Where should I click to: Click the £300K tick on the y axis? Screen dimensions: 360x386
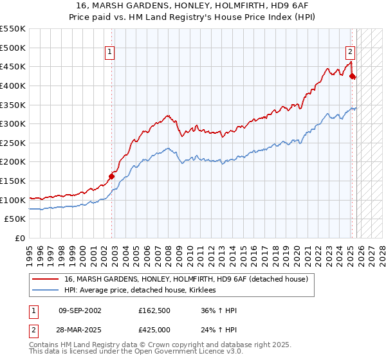(13, 123)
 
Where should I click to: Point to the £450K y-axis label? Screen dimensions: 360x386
(13, 66)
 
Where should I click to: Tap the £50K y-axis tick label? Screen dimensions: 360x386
(15, 219)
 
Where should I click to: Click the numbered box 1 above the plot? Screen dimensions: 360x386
(111, 53)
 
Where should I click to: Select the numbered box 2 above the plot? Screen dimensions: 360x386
(350, 53)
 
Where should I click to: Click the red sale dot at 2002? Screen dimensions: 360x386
(111, 176)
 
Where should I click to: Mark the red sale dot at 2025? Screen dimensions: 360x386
(352, 76)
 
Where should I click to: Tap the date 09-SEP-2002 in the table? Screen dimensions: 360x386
(79, 311)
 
